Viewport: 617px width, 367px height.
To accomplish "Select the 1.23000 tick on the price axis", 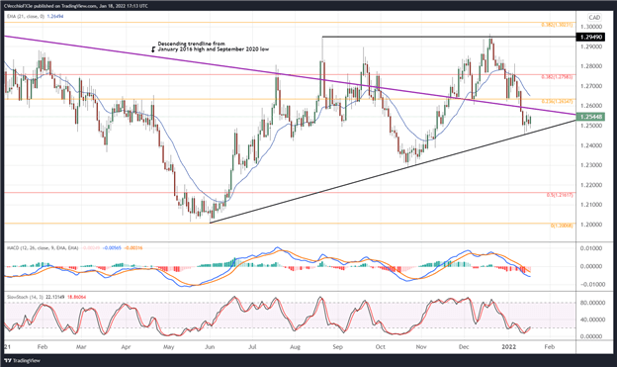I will tap(592, 165).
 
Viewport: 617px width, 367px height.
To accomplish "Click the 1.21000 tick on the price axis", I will tap(592, 205).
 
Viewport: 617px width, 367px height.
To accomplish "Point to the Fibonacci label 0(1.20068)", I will tap(563, 225).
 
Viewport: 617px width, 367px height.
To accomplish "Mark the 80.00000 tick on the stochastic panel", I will tap(592, 303).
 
